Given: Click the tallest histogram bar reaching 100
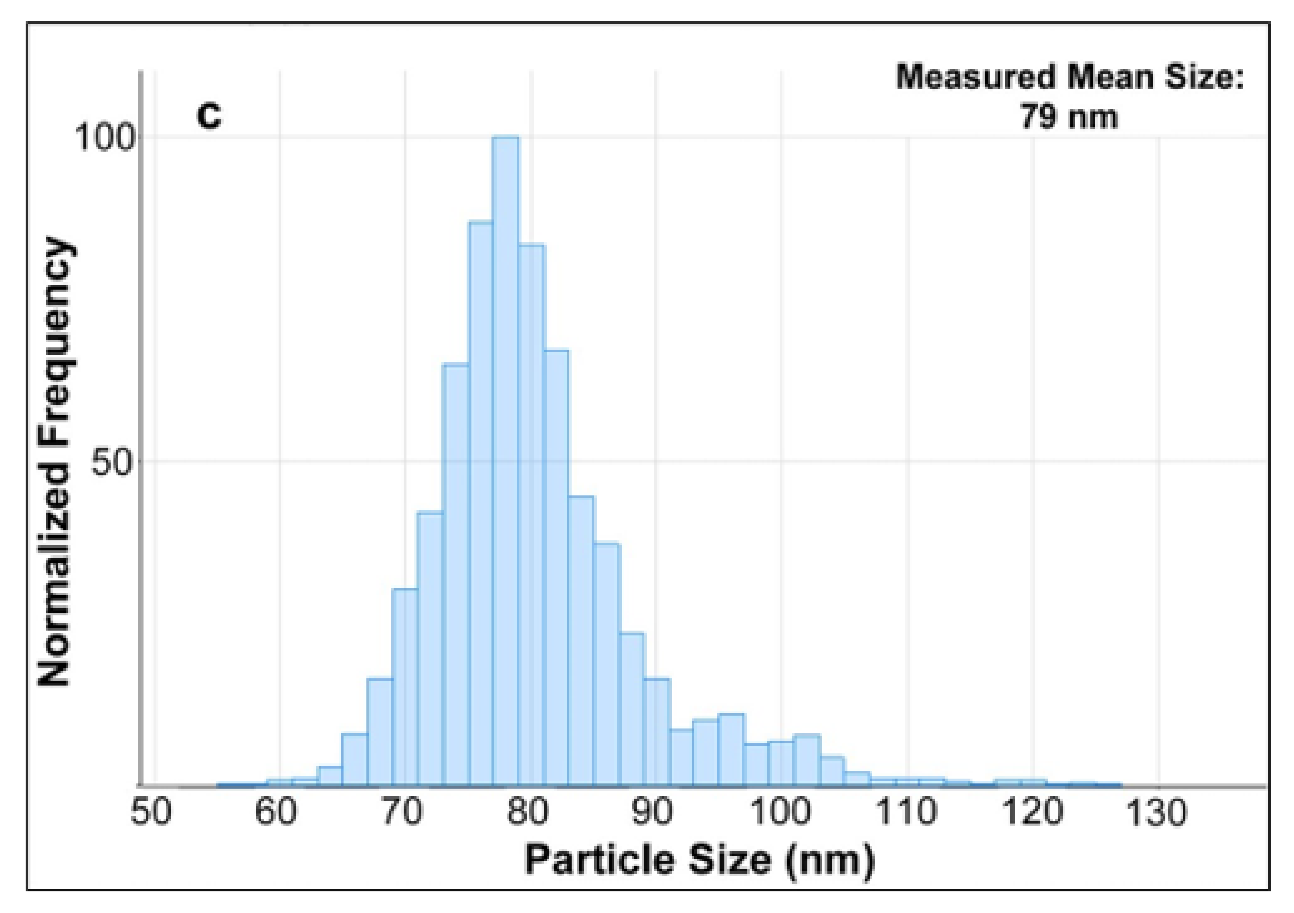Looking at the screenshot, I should (505, 463).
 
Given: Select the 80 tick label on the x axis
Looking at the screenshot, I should (527, 813).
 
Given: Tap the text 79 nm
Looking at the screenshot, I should (1069, 117).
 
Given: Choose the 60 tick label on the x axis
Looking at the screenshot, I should (276, 813).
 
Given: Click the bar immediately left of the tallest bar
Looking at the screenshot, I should (480, 502).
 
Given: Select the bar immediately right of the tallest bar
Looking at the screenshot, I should (531, 513).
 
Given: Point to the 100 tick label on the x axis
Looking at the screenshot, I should (781, 813).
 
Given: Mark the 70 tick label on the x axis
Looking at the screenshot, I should (402, 813).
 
